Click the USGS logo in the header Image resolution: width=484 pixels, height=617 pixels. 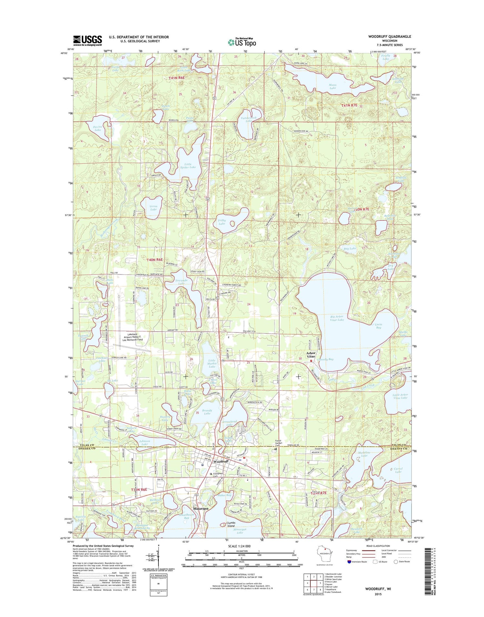coord(87,40)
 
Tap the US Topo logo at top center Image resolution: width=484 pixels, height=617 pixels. coord(242,42)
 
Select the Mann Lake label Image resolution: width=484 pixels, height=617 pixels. coord(332,86)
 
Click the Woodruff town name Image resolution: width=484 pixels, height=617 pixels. coord(221,461)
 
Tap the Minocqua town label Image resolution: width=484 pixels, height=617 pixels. coord(202,509)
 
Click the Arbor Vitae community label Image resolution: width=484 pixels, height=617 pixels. coord(311,355)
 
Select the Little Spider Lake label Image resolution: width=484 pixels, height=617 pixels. coord(188,166)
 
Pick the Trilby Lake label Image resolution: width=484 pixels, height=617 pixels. coord(222,222)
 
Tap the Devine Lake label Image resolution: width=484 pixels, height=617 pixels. coord(98,128)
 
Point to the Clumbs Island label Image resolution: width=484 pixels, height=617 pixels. coord(231,524)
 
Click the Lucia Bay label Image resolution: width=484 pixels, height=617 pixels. coord(378,326)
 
